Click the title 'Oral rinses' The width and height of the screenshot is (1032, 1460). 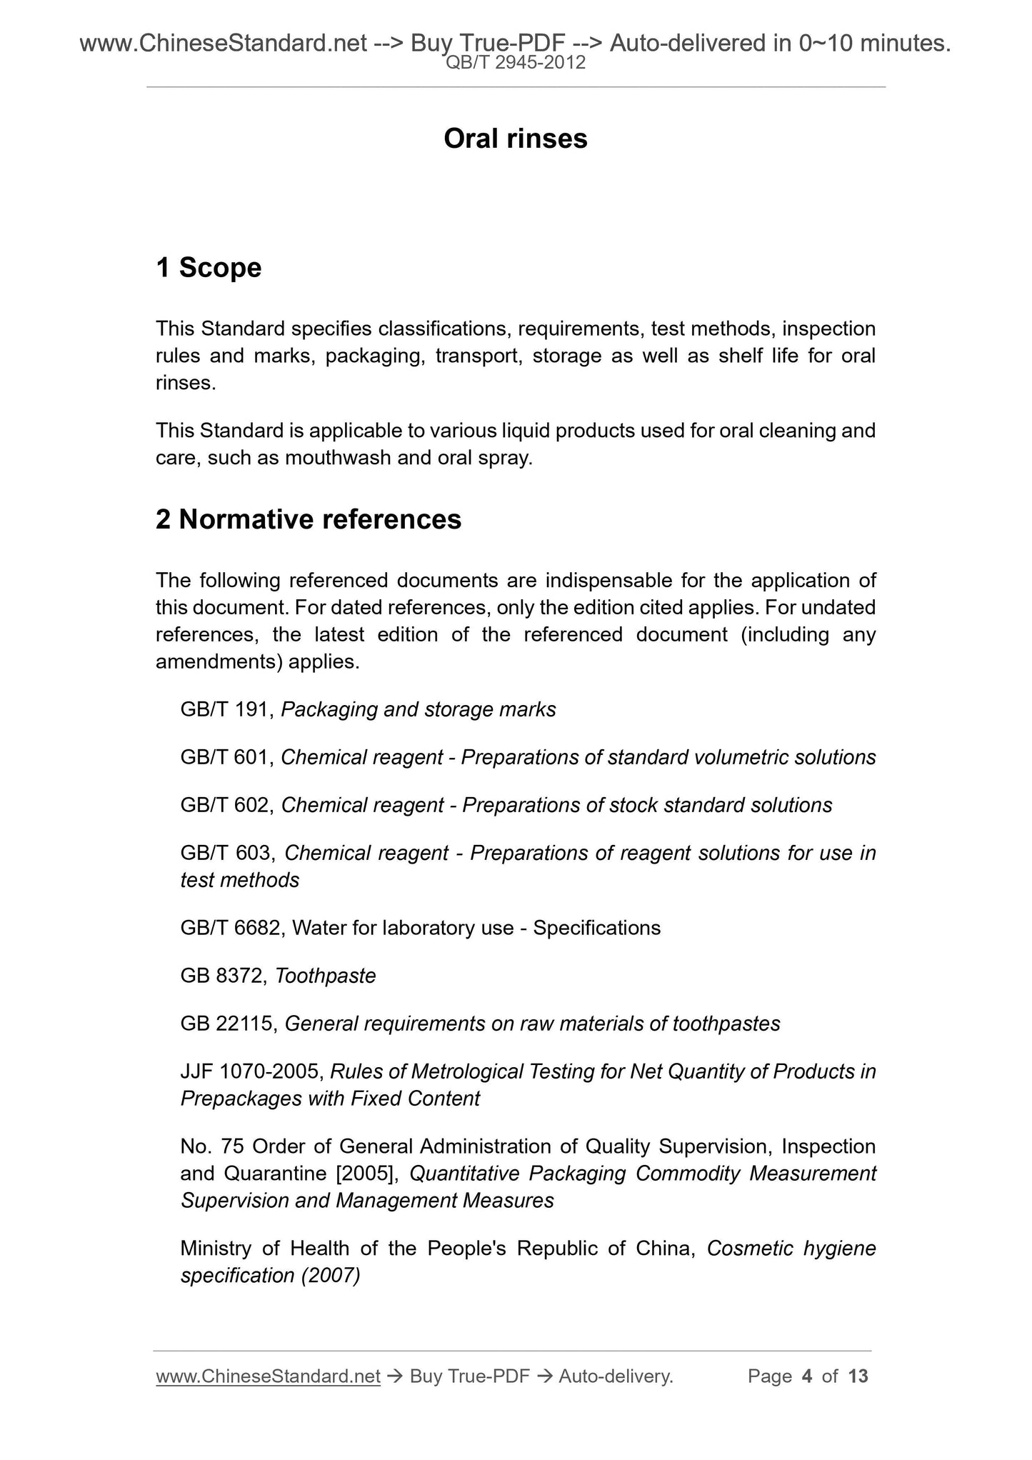(x=515, y=139)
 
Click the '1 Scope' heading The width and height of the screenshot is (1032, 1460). (x=209, y=268)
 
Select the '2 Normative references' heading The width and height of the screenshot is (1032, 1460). (x=309, y=519)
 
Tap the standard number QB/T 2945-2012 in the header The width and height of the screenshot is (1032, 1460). (x=515, y=63)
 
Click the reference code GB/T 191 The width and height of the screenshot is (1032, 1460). (x=225, y=710)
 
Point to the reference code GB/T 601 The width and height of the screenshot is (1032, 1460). (x=225, y=758)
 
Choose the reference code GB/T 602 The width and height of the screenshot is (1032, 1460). (x=225, y=806)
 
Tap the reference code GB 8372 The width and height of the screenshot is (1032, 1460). (x=221, y=976)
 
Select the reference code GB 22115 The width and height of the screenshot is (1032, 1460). (x=227, y=1024)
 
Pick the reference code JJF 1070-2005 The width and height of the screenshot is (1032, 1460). (x=251, y=1072)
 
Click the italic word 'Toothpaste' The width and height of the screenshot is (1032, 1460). (x=326, y=976)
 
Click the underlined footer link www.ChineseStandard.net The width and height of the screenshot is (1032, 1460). (x=268, y=1376)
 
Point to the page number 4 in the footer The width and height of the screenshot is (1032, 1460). (x=807, y=1376)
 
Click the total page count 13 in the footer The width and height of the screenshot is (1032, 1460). (x=858, y=1376)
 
